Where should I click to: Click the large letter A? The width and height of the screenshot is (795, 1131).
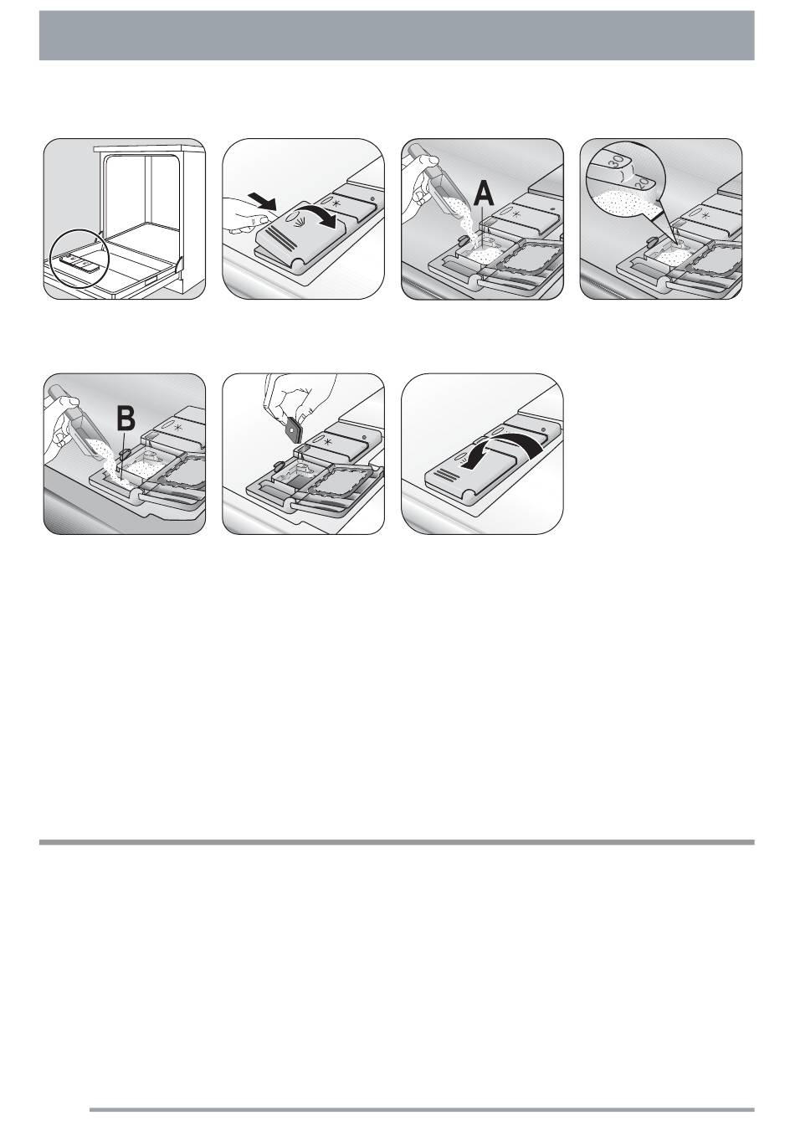pos(483,194)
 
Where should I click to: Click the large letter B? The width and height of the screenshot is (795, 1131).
pos(126,419)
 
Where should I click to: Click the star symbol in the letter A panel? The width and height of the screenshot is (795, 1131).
pos(516,213)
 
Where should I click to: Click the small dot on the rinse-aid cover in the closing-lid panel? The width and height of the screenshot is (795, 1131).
pos(542,429)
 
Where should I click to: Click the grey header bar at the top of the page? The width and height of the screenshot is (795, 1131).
pos(397,35)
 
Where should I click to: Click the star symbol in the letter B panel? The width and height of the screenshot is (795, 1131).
pos(177,428)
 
